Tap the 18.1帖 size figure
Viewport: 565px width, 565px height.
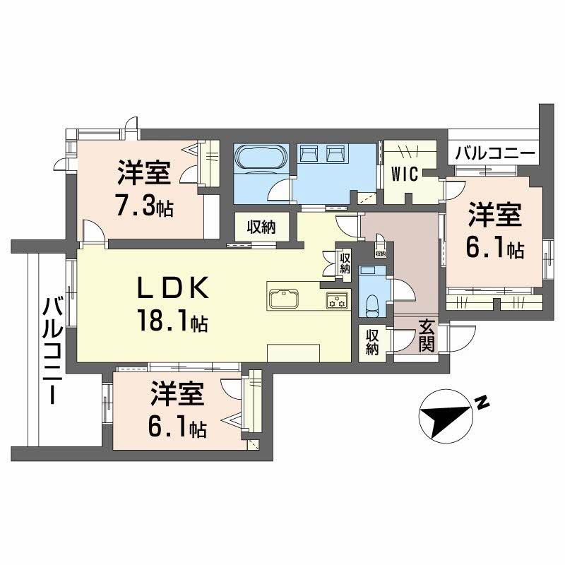172,323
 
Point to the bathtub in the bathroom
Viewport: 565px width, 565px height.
260,157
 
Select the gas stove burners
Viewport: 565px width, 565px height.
335,299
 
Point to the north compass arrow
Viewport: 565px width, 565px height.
445,416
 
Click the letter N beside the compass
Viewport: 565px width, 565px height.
483,404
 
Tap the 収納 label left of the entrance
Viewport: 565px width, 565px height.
373,343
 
